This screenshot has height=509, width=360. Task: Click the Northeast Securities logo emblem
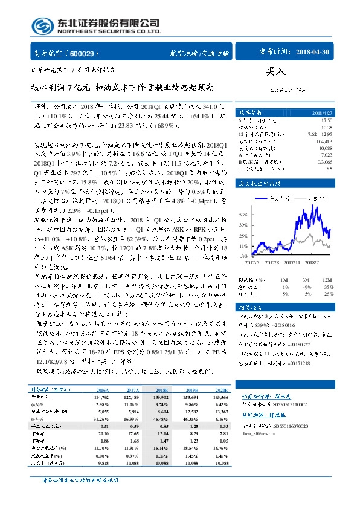(x=41, y=25)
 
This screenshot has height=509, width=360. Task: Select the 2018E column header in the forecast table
(x=162, y=391)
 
